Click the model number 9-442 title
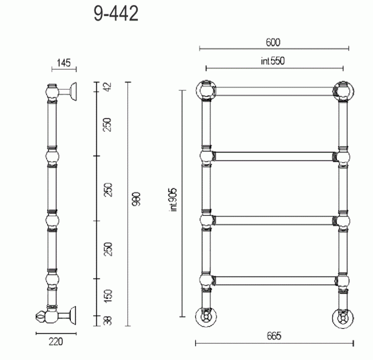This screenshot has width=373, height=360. tap(116, 14)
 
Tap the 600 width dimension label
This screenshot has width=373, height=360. tap(273, 42)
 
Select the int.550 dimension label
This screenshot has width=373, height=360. tap(273, 61)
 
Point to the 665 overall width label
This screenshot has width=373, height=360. tap(274, 336)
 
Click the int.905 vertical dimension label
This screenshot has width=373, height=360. tap(173, 200)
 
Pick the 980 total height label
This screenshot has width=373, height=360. tap(136, 199)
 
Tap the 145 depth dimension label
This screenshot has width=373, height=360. tap(64, 63)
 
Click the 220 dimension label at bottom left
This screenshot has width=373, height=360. tap(56, 342)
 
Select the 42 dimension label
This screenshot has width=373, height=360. tap(108, 87)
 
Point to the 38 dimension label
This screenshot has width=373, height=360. tap(108, 320)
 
